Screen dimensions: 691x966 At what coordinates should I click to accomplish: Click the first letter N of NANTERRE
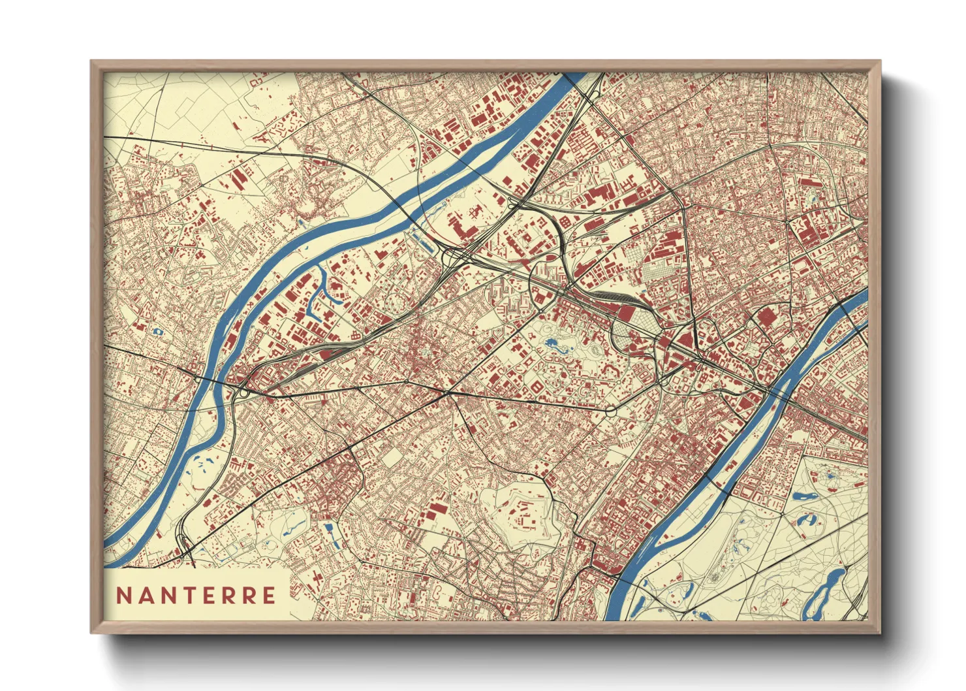click(123, 596)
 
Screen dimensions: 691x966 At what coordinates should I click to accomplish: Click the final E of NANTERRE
click(268, 596)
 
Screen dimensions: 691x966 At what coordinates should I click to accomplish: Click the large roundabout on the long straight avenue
click(611, 411)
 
